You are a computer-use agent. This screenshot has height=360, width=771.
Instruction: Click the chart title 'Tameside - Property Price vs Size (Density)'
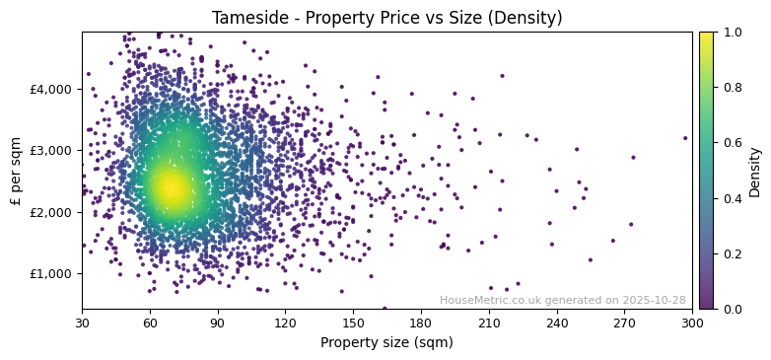click(x=386, y=18)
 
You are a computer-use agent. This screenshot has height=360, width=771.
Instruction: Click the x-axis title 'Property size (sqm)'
click(x=386, y=342)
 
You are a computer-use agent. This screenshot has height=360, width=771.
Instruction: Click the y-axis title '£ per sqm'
click(x=16, y=171)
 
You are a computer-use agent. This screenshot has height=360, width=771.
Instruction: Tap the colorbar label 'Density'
click(x=755, y=171)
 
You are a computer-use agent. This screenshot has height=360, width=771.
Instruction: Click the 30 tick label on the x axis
click(x=82, y=322)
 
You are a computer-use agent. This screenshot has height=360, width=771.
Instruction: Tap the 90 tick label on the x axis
click(x=218, y=322)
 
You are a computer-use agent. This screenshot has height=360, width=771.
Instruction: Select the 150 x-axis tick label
click(x=353, y=322)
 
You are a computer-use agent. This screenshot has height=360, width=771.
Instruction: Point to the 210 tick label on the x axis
click(x=489, y=322)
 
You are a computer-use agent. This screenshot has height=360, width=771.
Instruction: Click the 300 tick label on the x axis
click(x=692, y=322)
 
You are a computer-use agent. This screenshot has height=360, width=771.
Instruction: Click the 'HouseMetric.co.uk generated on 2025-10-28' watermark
click(x=562, y=300)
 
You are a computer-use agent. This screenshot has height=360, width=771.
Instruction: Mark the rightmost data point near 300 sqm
click(x=685, y=138)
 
